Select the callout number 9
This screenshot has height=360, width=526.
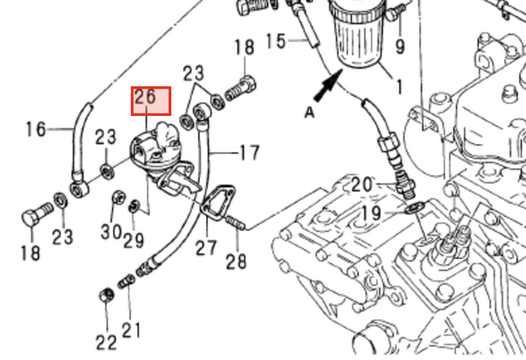click(400, 47)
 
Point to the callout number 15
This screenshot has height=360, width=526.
click(275, 40)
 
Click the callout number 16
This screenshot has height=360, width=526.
click(35, 129)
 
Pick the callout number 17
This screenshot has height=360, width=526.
click(249, 154)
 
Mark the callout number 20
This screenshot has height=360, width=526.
click(362, 184)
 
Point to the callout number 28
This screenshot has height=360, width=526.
click(236, 261)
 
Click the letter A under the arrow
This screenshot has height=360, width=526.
click(308, 112)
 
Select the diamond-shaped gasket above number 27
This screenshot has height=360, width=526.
click(217, 201)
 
